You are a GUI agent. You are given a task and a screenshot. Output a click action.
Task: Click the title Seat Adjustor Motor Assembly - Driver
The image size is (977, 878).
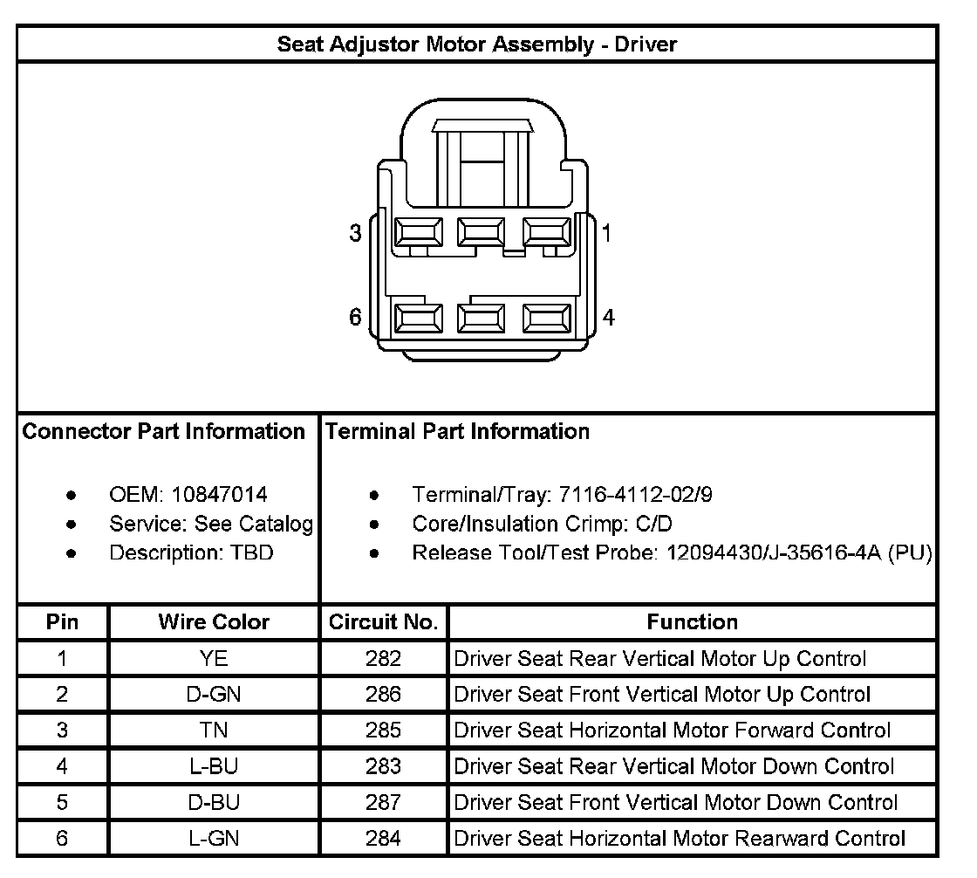coord(477,44)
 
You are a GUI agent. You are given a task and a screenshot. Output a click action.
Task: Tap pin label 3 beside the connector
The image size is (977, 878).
coord(355,234)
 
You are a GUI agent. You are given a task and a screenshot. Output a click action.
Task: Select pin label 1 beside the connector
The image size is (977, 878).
coord(607,233)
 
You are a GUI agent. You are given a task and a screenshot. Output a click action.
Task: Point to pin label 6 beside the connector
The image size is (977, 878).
coord(355,317)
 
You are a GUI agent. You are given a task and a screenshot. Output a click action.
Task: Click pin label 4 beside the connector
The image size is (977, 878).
coord(609,317)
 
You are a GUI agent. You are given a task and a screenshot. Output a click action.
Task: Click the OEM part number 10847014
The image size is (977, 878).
coord(220,495)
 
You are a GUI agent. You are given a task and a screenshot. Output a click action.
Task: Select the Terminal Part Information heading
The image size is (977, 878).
coord(458,431)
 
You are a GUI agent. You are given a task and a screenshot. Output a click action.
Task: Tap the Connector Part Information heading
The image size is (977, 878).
coord(164,431)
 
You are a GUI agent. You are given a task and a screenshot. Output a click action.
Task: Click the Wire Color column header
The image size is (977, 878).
coord(214,622)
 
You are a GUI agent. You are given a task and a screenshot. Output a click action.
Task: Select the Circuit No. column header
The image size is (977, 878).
coord(384,622)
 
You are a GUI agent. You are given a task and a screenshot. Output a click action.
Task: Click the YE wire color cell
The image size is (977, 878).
coord(214,659)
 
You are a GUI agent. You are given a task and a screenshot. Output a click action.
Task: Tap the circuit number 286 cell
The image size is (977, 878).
coord(384,695)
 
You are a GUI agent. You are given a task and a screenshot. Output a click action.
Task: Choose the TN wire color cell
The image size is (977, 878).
coord(214,731)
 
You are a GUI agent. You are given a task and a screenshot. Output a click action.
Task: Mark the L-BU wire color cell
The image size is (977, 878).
coord(214,766)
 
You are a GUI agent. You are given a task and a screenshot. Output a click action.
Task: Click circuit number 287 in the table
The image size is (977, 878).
coord(384,802)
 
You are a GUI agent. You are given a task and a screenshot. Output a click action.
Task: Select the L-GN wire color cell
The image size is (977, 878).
coord(214,839)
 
